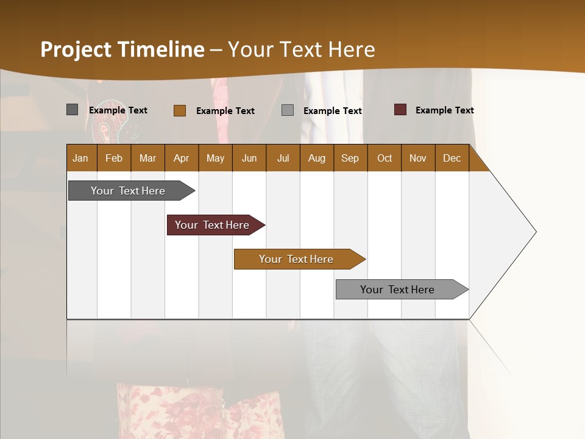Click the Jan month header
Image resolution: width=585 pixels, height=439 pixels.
80,158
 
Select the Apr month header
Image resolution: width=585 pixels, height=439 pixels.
181,158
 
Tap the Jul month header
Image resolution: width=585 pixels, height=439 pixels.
283,158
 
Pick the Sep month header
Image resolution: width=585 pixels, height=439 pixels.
350,158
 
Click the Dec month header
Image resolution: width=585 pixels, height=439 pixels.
452,158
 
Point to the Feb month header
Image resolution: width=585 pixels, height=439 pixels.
114,158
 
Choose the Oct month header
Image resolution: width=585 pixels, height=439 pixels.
385,158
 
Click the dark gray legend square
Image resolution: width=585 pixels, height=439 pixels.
73,110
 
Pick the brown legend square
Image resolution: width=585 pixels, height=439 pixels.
180,110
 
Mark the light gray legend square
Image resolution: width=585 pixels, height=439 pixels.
288,110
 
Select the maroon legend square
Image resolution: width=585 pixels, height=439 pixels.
400,110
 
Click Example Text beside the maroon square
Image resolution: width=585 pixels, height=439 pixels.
444,110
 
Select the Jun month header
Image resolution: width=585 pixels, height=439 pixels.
249,158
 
